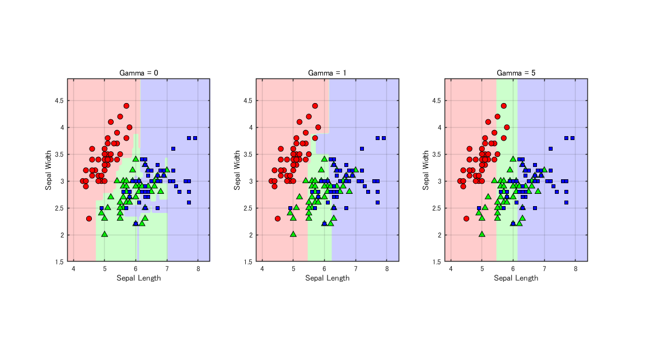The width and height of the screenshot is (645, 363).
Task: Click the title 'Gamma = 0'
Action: (x=138, y=73)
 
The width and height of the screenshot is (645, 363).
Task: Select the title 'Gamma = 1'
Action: (x=327, y=73)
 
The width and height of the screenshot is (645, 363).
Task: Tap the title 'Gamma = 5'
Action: (x=516, y=73)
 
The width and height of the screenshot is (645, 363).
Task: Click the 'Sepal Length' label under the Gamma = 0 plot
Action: (x=138, y=278)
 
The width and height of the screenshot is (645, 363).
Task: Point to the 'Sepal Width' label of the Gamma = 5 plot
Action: (x=426, y=170)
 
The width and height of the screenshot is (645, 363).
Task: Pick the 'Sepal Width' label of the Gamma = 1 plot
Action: (x=237, y=170)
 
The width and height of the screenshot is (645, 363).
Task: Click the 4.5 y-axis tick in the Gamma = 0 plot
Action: (x=59, y=100)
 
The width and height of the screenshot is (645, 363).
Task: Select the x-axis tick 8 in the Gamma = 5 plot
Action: (x=575, y=269)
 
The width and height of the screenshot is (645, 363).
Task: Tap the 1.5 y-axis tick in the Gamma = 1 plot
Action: (x=248, y=262)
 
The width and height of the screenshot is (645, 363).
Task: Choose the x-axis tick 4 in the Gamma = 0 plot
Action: (x=73, y=269)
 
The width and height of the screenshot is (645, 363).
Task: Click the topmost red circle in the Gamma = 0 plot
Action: (x=127, y=106)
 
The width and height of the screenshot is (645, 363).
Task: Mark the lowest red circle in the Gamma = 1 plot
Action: (x=278, y=218)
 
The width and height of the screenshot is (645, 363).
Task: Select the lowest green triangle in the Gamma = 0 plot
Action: (x=105, y=234)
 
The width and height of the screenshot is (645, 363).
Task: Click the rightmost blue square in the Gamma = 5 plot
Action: (x=572, y=138)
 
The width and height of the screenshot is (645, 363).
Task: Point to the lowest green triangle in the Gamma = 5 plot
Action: (x=482, y=234)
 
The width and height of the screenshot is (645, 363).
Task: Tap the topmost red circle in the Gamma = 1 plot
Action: (x=315, y=106)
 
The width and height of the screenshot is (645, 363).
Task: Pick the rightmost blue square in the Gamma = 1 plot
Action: (x=384, y=138)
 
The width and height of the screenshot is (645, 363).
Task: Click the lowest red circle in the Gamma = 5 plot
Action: (x=466, y=218)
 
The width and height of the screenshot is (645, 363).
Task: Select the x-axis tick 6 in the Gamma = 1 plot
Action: (x=324, y=269)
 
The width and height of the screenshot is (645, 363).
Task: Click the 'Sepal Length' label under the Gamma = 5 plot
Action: (x=516, y=278)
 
